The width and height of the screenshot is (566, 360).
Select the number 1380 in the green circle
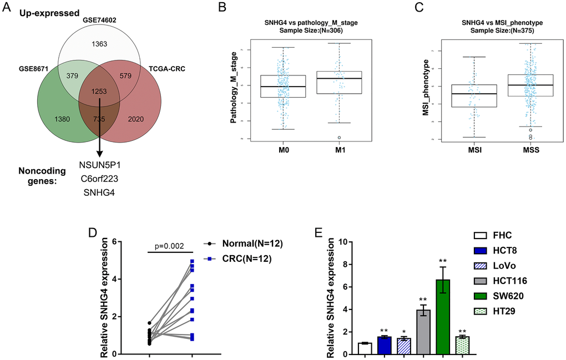click(51, 119)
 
